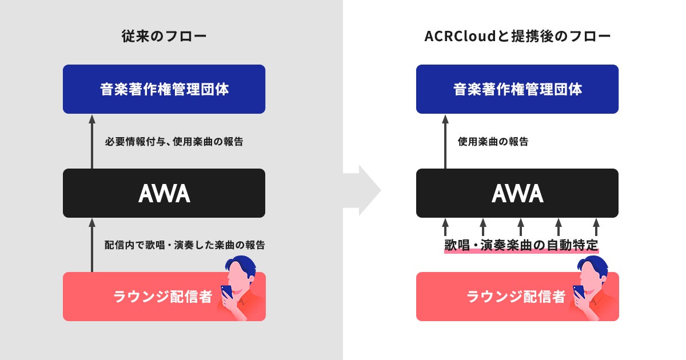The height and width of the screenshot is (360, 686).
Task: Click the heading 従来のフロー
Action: [x=163, y=37]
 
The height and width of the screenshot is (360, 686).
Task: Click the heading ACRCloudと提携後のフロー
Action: [x=517, y=37]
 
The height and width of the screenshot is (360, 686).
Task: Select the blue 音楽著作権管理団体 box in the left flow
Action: [x=163, y=89]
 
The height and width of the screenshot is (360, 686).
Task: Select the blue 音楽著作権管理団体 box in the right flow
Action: [x=517, y=89]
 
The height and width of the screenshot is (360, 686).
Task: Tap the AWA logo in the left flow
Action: [x=163, y=194]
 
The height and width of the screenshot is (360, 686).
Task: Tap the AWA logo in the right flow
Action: [x=517, y=194]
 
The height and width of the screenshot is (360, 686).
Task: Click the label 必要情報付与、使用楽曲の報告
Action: [x=174, y=142]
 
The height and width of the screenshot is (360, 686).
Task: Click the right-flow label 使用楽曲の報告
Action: [x=493, y=142]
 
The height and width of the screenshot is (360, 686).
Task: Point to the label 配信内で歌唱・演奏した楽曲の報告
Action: [x=185, y=245]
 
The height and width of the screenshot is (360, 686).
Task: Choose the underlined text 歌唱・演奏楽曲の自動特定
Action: [x=521, y=246]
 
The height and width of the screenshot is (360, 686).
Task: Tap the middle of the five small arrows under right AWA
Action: [x=520, y=227]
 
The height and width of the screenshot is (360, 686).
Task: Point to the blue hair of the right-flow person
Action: [x=595, y=263]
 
